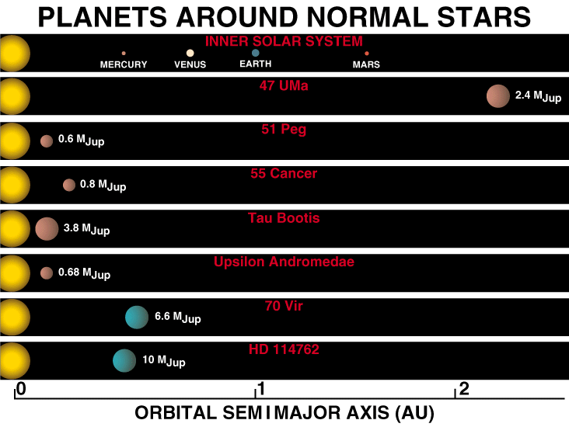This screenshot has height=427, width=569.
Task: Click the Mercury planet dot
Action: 124,54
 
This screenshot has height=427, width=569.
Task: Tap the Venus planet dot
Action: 190,53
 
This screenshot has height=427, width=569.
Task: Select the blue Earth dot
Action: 256,53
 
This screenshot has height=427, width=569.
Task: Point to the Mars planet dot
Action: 367,54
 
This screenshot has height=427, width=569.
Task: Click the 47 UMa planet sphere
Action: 498,96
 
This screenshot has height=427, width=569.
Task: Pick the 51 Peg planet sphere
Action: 47,141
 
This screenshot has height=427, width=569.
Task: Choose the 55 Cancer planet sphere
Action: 69,185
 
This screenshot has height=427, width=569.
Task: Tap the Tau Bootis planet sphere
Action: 47,229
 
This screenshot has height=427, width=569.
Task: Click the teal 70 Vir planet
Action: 137,318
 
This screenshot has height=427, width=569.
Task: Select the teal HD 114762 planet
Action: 124,361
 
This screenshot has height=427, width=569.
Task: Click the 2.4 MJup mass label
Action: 538,96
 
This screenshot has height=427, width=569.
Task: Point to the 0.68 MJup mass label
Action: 84,273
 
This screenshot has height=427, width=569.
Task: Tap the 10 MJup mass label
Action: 164,361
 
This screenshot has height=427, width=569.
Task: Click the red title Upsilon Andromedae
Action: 284,262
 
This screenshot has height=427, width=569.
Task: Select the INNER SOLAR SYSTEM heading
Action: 284,41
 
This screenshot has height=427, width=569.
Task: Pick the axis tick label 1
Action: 261,389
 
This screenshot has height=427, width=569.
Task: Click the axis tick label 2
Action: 464,389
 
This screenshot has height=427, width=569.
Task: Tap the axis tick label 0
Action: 22,389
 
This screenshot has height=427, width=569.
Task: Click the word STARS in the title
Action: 483,17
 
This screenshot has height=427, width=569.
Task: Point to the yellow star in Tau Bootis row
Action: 15,229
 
